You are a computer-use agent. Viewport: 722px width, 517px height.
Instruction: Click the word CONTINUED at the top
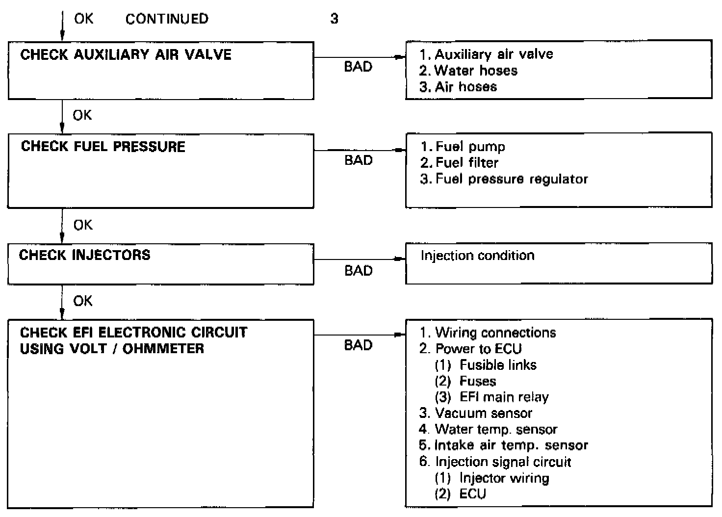(167, 19)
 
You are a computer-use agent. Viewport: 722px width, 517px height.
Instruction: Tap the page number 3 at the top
(334, 19)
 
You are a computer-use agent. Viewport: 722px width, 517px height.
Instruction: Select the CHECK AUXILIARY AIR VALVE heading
(126, 54)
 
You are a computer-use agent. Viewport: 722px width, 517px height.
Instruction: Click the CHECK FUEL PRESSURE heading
(103, 147)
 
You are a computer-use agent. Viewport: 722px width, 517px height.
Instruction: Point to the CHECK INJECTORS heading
(84, 255)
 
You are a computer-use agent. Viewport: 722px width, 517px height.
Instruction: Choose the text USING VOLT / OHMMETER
(112, 349)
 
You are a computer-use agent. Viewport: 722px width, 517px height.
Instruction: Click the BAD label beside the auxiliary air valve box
(358, 67)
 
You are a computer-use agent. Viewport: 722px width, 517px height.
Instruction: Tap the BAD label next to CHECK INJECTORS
(358, 271)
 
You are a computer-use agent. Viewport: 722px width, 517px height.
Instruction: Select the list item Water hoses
(475, 71)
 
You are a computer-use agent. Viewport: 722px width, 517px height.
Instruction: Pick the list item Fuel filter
(466, 162)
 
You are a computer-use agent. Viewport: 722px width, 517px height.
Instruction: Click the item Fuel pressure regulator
(511, 179)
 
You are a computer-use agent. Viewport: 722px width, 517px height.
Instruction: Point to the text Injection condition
(477, 256)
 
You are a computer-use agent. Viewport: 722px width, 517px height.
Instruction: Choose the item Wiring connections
(495, 333)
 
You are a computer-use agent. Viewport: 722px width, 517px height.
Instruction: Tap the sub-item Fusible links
(497, 365)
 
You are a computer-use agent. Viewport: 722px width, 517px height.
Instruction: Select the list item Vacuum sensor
(483, 414)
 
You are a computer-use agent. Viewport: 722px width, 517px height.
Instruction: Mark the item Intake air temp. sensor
(511, 445)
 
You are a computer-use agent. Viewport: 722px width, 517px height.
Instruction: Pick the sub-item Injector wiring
(504, 478)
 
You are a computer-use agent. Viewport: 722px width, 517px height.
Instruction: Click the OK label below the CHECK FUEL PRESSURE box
(82, 225)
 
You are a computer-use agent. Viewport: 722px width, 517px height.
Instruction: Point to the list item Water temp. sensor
(495, 430)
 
